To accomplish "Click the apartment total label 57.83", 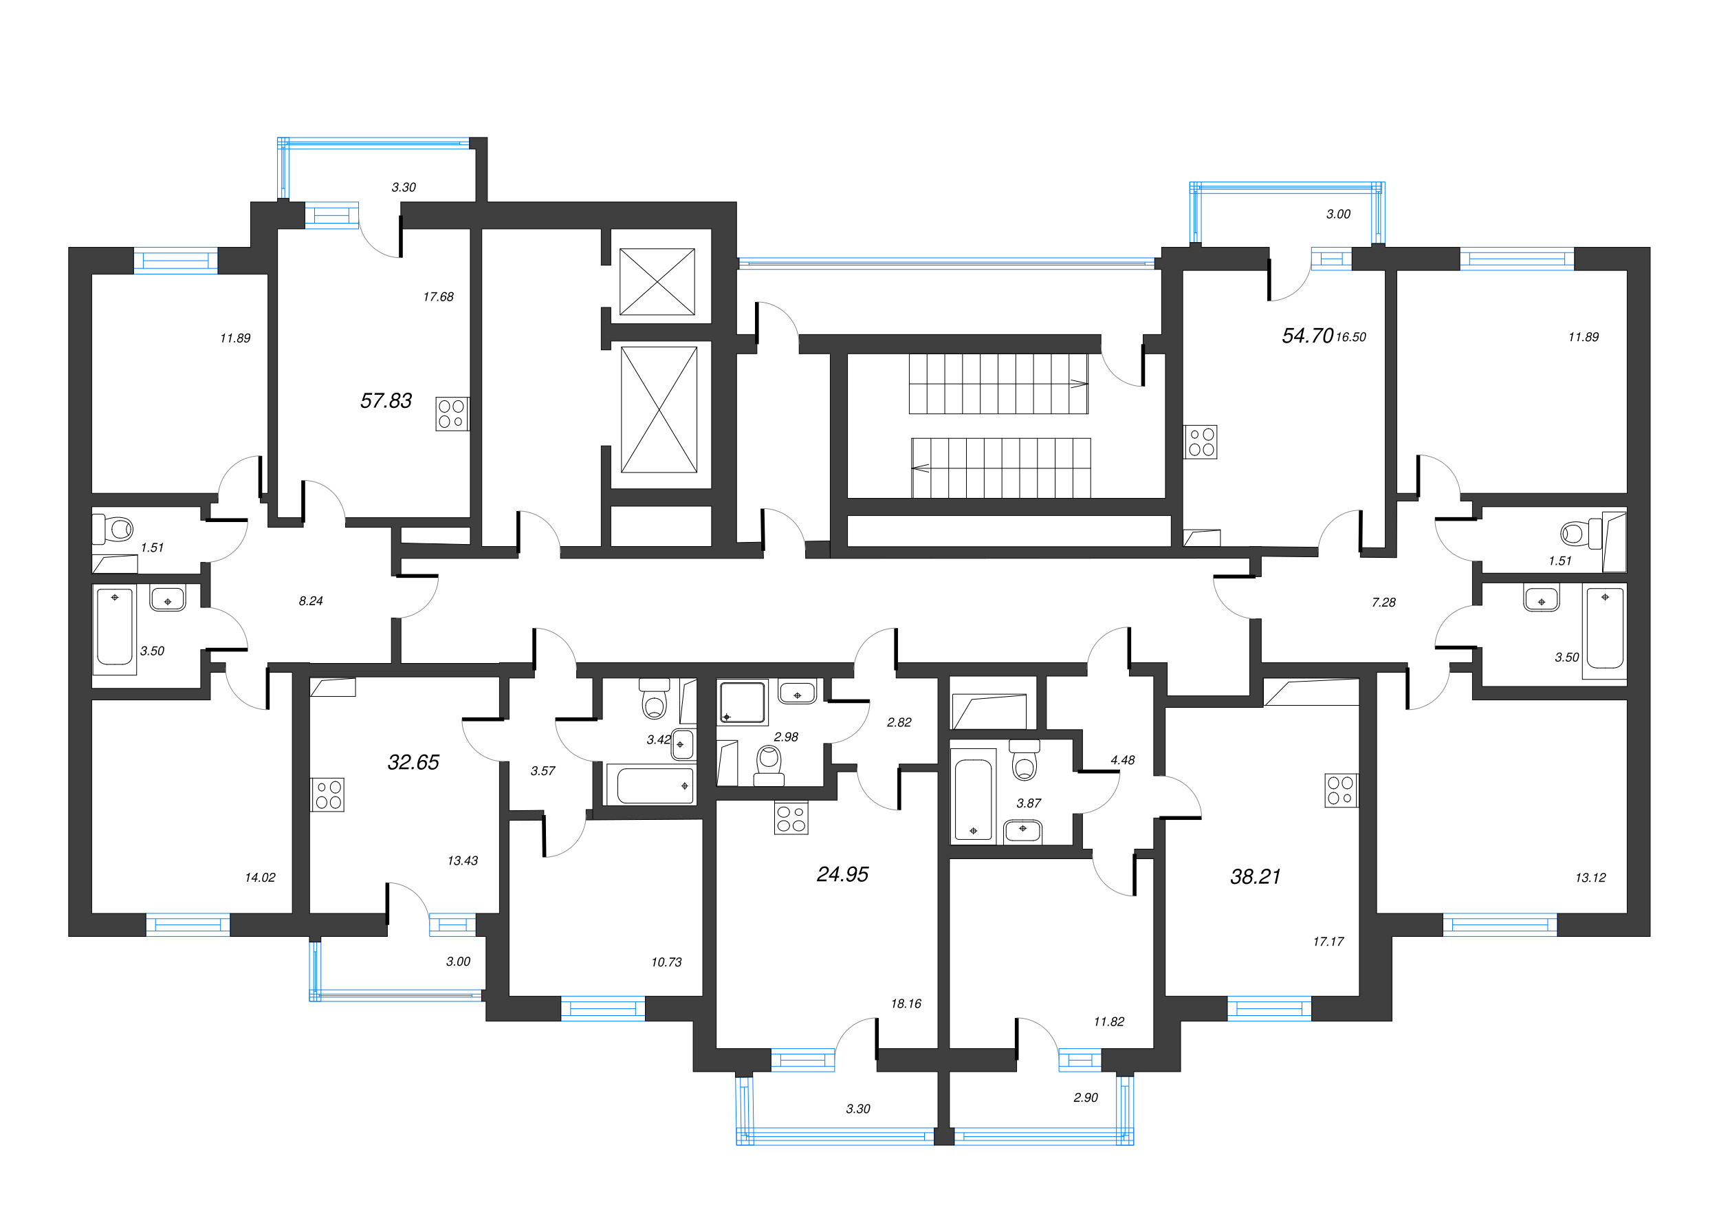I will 386,401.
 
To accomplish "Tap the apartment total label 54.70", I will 1306,336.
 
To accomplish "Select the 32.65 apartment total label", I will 413,762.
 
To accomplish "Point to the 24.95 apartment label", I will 842,875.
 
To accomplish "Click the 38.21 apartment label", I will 1256,877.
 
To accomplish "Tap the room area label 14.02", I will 260,878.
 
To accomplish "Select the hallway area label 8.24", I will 310,600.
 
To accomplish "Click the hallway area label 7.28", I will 1383,602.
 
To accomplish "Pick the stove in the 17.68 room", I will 452,413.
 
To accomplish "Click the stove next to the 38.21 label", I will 1340,791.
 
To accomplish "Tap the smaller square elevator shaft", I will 657,282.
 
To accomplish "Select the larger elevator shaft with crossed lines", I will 658,410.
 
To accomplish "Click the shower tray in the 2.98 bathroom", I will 742,702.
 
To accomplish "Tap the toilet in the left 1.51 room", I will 115,530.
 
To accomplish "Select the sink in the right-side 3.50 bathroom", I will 1541,599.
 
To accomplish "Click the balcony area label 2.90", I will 1085,1098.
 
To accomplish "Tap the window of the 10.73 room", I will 603,1009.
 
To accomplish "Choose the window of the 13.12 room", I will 1499,925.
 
